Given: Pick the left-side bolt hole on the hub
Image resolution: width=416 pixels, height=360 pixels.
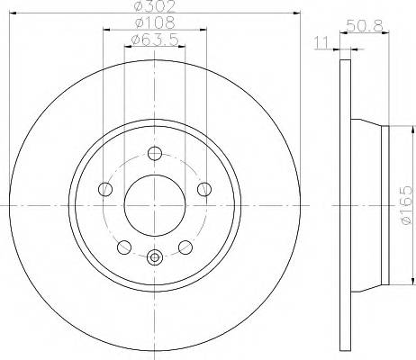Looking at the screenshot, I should (105, 189).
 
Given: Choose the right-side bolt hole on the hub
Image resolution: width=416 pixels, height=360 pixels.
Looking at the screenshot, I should (204, 189).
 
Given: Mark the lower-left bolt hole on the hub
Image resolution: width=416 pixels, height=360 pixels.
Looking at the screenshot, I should (124, 247).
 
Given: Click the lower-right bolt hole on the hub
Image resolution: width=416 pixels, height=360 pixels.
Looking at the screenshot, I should (185, 247).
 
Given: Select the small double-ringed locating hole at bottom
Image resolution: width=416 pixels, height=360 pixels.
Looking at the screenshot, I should (155, 258).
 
